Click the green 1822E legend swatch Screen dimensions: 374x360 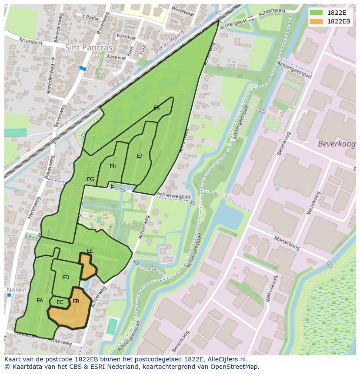coord(316,13)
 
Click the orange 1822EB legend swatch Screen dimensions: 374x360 coord(316,21)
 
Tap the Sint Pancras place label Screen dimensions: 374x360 coord(89,48)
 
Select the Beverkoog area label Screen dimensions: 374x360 coord(337,144)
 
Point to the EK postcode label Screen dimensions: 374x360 coord(157,108)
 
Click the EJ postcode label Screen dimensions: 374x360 coord(139,156)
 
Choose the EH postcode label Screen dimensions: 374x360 coord(113,166)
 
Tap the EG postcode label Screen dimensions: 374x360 coord(90,179)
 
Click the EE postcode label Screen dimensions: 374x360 coord(90,251)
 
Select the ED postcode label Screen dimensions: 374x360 coord(66,278)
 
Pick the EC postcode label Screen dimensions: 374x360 coord(60,302)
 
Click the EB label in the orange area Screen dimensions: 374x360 coord(76,301)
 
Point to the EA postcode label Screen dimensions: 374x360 coord(40,301)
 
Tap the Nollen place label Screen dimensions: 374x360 coord(17,290)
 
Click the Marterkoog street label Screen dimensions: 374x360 coord(287,243)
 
